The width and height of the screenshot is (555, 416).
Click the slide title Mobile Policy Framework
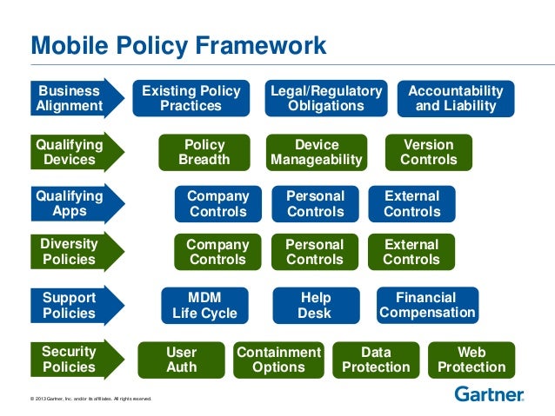tap(178, 45)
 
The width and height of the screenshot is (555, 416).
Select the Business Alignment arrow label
tap(70, 99)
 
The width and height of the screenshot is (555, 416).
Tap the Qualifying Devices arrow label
tap(70, 152)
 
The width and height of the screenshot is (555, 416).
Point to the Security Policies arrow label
tap(70, 360)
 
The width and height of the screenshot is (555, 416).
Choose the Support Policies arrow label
tap(70, 306)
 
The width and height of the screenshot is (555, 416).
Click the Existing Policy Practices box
tap(191, 99)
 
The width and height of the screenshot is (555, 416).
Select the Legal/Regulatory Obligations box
tap(326, 99)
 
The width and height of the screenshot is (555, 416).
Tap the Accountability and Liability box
tap(455, 99)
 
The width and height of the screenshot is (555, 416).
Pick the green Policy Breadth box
tap(204, 152)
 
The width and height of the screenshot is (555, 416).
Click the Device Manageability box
tap(317, 152)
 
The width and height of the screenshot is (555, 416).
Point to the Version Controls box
tap(428, 152)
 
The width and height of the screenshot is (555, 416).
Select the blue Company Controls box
tap(218, 204)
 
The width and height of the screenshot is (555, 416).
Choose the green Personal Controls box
tap(315, 252)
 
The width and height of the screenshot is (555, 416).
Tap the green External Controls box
tap(411, 252)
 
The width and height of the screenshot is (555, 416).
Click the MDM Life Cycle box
tap(204, 306)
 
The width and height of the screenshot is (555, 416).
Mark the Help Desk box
tap(315, 306)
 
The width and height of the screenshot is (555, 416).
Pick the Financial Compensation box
tap(427, 306)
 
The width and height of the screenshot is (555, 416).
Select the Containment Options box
tap(278, 360)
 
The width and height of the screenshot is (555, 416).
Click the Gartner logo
tap(489, 394)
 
